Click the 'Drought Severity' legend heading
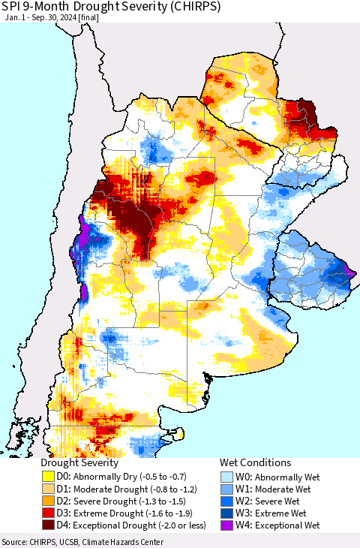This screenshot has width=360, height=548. pyautogui.click(x=79, y=463)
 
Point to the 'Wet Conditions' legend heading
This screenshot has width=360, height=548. pyautogui.click(x=254, y=463)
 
